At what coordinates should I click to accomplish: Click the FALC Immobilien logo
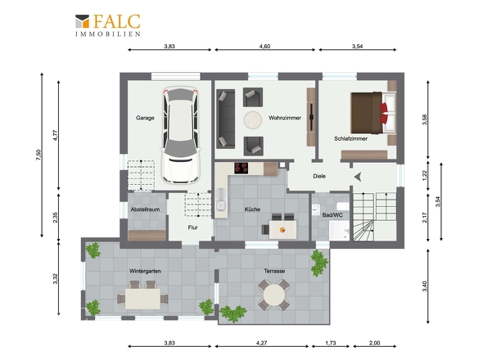pyautogui.click(x=108, y=25)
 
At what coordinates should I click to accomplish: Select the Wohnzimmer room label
pyautogui.click(x=285, y=118)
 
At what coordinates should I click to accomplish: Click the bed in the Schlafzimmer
pyautogui.click(x=373, y=112)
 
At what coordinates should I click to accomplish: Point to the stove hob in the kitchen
pyautogui.click(x=241, y=168)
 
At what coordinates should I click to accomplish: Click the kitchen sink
pyautogui.click(x=221, y=205)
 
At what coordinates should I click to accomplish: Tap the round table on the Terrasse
pyautogui.click(x=274, y=295)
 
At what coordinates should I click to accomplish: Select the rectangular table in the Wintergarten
pyautogui.click(x=142, y=299)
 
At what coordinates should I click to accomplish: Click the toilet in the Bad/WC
pyautogui.click(x=343, y=205)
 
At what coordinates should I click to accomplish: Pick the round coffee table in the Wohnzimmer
pyautogui.click(x=253, y=119)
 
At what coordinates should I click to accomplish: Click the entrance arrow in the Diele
pyautogui.click(x=358, y=177)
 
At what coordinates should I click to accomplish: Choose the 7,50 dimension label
pyautogui.click(x=38, y=155)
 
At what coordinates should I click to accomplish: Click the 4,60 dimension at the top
pyautogui.click(x=264, y=47)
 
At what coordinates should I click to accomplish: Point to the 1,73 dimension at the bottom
pyautogui.click(x=331, y=343)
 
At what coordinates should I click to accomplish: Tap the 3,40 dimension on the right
pyautogui.click(x=425, y=286)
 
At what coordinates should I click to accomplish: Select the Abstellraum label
pyautogui.click(x=145, y=209)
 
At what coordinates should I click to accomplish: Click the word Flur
pyautogui.click(x=193, y=227)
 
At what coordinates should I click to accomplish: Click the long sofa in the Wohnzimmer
pyautogui.click(x=226, y=119)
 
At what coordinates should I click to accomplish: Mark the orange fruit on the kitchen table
pyautogui.click(x=282, y=230)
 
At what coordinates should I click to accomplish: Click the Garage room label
pyautogui.click(x=145, y=118)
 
